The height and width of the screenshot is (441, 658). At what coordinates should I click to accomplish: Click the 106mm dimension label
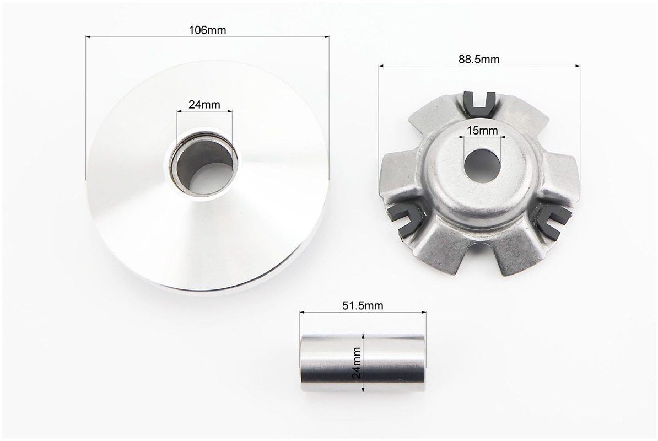[207, 30]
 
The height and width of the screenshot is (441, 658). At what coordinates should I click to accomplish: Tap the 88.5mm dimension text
[479, 59]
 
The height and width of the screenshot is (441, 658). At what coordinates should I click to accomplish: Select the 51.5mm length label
[363, 305]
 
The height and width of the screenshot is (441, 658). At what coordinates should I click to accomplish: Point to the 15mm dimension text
[482, 131]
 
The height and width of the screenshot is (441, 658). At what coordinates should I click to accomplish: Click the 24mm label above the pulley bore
[204, 104]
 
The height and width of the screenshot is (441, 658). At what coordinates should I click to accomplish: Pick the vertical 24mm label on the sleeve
[357, 363]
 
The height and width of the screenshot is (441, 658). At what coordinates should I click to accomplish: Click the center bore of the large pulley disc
[204, 166]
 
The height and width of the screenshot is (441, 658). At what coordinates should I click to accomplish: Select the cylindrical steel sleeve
[363, 363]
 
